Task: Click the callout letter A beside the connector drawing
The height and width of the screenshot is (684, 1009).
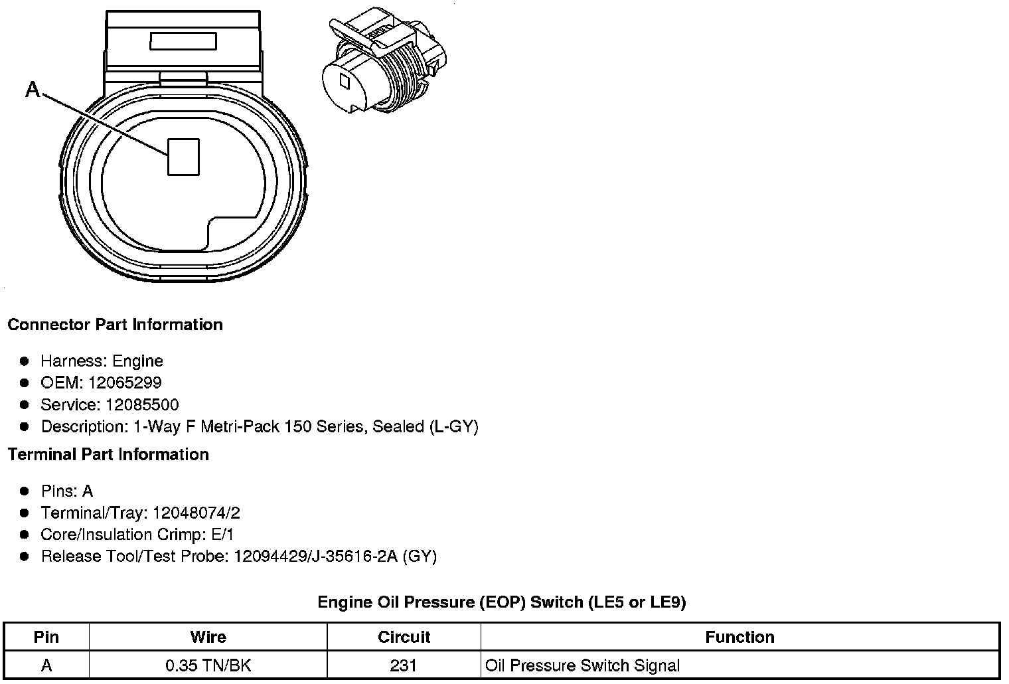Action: (32, 89)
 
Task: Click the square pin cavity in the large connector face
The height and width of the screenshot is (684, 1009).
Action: (183, 157)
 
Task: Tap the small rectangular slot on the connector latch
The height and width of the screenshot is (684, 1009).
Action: (183, 42)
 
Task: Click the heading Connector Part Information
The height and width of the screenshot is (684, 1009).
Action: (115, 325)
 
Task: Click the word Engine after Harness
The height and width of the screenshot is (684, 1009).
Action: (137, 361)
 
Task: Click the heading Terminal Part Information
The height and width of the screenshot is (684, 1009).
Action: (108, 454)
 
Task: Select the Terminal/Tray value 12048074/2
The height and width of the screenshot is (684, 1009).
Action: (196, 513)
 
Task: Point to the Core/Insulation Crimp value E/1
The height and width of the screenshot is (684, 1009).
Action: (221, 535)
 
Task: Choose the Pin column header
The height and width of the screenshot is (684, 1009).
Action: (46, 638)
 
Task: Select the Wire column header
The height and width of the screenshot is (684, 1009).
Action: (208, 638)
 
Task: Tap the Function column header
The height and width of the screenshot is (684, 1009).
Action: (739, 638)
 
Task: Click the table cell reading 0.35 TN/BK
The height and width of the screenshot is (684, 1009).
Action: (208, 665)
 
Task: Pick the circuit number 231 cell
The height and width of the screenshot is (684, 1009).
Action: (404, 665)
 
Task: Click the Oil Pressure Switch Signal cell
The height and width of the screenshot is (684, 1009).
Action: (582, 665)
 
